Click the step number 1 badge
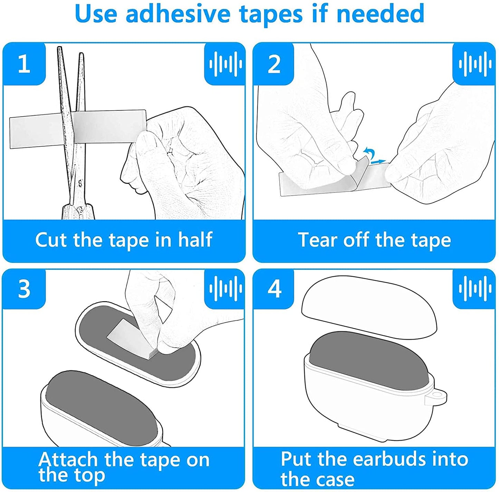point(24,64)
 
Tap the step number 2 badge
point(274,64)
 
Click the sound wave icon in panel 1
point(225,64)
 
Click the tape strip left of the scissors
point(35,132)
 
